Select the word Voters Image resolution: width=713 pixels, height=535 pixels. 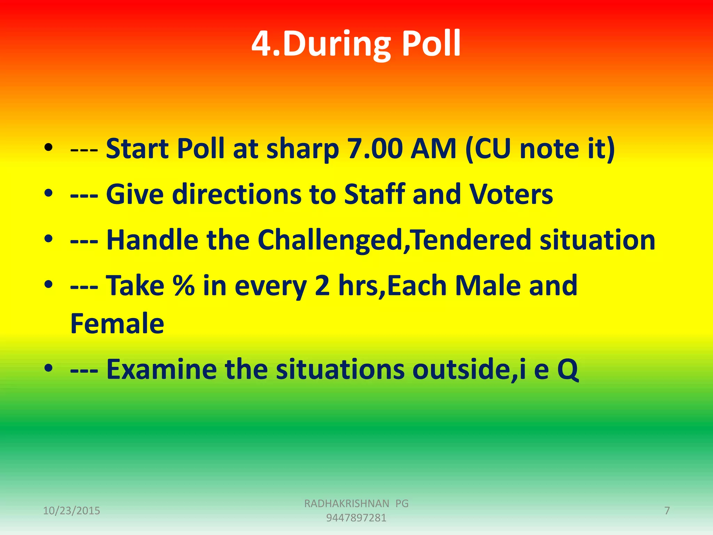(511, 194)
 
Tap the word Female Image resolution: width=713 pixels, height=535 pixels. (117, 324)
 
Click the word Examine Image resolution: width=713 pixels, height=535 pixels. (161, 369)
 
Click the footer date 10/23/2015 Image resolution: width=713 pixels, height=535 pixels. (71, 511)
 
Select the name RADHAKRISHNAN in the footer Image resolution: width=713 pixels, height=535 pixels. (346, 504)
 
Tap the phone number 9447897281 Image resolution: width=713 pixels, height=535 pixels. (356, 518)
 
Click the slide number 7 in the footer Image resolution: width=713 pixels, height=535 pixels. (667, 511)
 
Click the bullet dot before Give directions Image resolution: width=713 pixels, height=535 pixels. (48, 193)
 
